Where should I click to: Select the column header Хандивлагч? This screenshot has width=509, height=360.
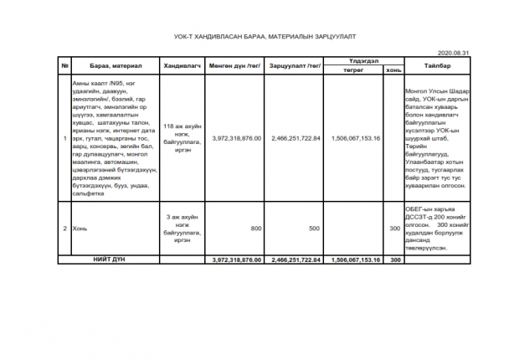(179, 66)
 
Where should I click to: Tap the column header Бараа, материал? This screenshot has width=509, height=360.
(116, 66)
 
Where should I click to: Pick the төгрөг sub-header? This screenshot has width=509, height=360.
(356, 70)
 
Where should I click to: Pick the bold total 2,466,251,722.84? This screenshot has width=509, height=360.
(296, 260)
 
